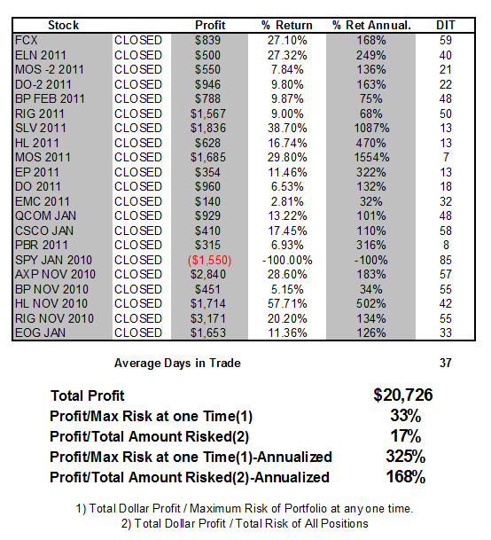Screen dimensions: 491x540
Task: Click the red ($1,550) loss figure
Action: pos(209,260)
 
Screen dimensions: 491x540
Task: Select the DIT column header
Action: pos(446,25)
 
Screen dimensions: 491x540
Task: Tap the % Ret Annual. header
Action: pos(371,25)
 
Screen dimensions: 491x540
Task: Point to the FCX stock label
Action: pos(27,40)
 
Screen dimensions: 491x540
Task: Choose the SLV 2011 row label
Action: pos(40,128)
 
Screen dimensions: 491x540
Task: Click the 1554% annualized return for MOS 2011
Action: pos(371,157)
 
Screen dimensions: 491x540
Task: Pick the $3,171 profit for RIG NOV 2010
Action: pos(208,318)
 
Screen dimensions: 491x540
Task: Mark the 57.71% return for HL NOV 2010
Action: pos(287,304)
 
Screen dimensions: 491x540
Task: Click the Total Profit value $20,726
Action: pos(403,395)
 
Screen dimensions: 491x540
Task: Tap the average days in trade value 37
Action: pos(446,363)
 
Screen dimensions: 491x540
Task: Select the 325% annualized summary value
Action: pos(406,457)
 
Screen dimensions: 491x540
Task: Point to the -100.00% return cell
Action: pos(287,260)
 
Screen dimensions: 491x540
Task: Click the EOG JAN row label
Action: pos(40,333)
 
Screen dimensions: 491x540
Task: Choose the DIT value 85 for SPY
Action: pos(446,260)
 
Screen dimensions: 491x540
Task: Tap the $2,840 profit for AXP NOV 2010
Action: pos(208,275)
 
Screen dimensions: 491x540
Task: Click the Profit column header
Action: pos(210,25)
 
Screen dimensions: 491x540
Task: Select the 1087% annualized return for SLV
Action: pos(371,128)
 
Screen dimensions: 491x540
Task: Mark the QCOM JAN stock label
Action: pos(45,216)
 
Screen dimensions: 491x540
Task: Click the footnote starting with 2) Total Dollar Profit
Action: pos(245,523)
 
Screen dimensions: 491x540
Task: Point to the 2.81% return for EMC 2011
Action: pos(287,201)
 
